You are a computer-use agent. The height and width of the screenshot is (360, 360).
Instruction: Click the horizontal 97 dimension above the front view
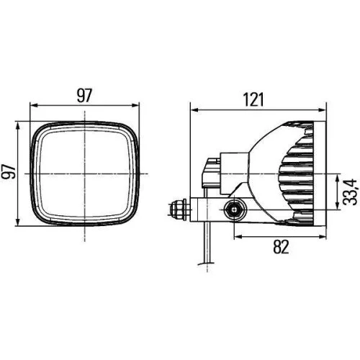[84, 94]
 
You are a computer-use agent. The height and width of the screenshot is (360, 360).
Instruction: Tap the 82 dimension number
[281, 248]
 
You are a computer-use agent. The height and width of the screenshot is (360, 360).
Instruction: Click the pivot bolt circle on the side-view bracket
[234, 210]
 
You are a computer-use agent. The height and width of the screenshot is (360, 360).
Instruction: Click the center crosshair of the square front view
[84, 173]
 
